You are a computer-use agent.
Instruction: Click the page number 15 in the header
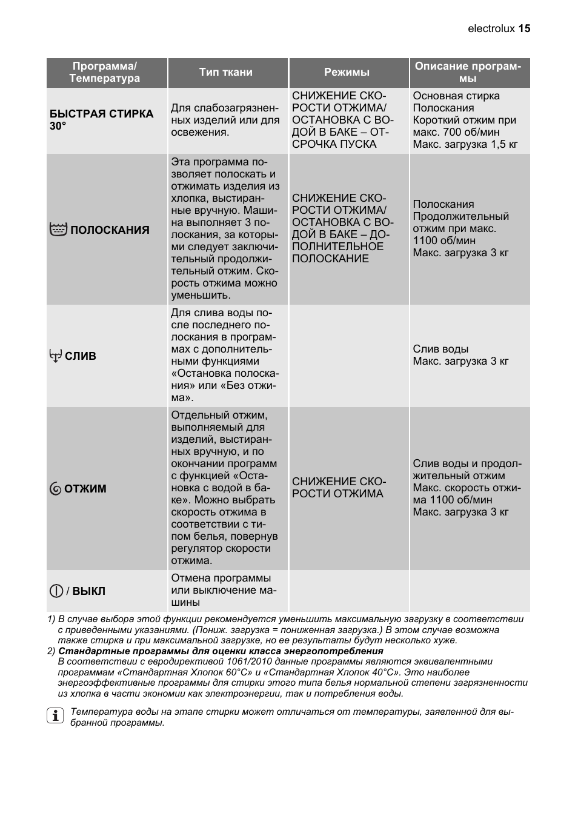(x=524, y=28)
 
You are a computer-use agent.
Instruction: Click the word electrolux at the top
(x=491, y=28)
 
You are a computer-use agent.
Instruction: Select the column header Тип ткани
(x=226, y=72)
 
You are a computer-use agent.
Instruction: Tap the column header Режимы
(x=347, y=72)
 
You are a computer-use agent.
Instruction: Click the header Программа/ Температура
(x=105, y=72)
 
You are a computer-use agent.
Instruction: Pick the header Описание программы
(x=468, y=72)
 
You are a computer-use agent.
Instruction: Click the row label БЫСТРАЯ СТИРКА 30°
(x=101, y=120)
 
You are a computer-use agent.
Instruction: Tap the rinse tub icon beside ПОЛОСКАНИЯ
(x=58, y=230)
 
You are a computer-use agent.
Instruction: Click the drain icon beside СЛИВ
(x=56, y=356)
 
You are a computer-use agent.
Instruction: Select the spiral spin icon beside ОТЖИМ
(x=56, y=489)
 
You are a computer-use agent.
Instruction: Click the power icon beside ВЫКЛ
(x=56, y=591)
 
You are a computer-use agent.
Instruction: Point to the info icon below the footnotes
(x=55, y=716)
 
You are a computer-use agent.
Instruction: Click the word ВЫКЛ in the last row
(x=89, y=591)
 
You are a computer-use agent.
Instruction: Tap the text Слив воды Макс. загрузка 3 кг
(x=460, y=356)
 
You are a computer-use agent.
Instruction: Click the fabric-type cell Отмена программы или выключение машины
(x=224, y=591)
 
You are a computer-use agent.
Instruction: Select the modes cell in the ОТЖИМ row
(x=339, y=488)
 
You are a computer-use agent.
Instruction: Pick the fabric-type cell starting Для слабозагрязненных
(x=225, y=120)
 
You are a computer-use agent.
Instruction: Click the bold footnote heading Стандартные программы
(x=221, y=651)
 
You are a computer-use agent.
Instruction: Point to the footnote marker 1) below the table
(x=51, y=619)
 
